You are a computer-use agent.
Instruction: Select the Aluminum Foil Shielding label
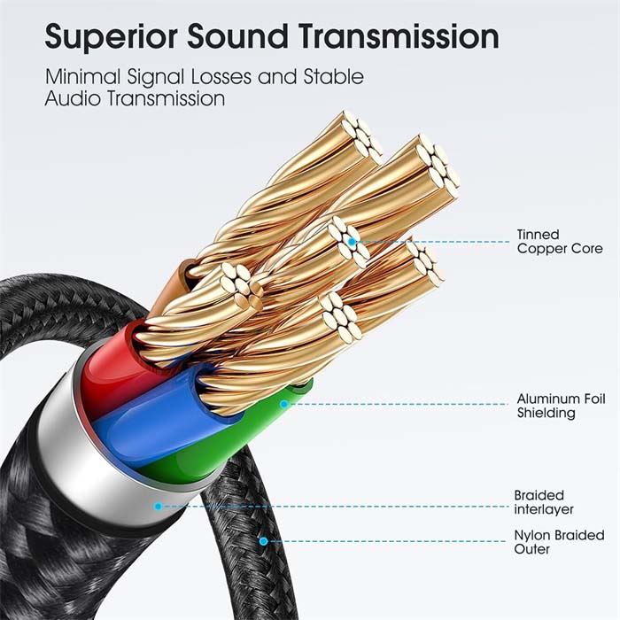pos(561,406)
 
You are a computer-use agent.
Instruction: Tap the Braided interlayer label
pos(544,502)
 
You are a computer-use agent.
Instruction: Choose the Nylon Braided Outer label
pos(559,542)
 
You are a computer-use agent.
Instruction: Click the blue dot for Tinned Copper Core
pos(353,240)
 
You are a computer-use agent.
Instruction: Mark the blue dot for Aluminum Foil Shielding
pos(284,404)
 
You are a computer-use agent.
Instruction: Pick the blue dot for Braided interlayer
pos(158,507)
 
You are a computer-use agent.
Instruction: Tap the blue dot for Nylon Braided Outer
pos(263,540)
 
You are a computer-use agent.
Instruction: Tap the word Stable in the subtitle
pos(335,77)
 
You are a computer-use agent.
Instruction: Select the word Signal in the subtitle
pos(154,77)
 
